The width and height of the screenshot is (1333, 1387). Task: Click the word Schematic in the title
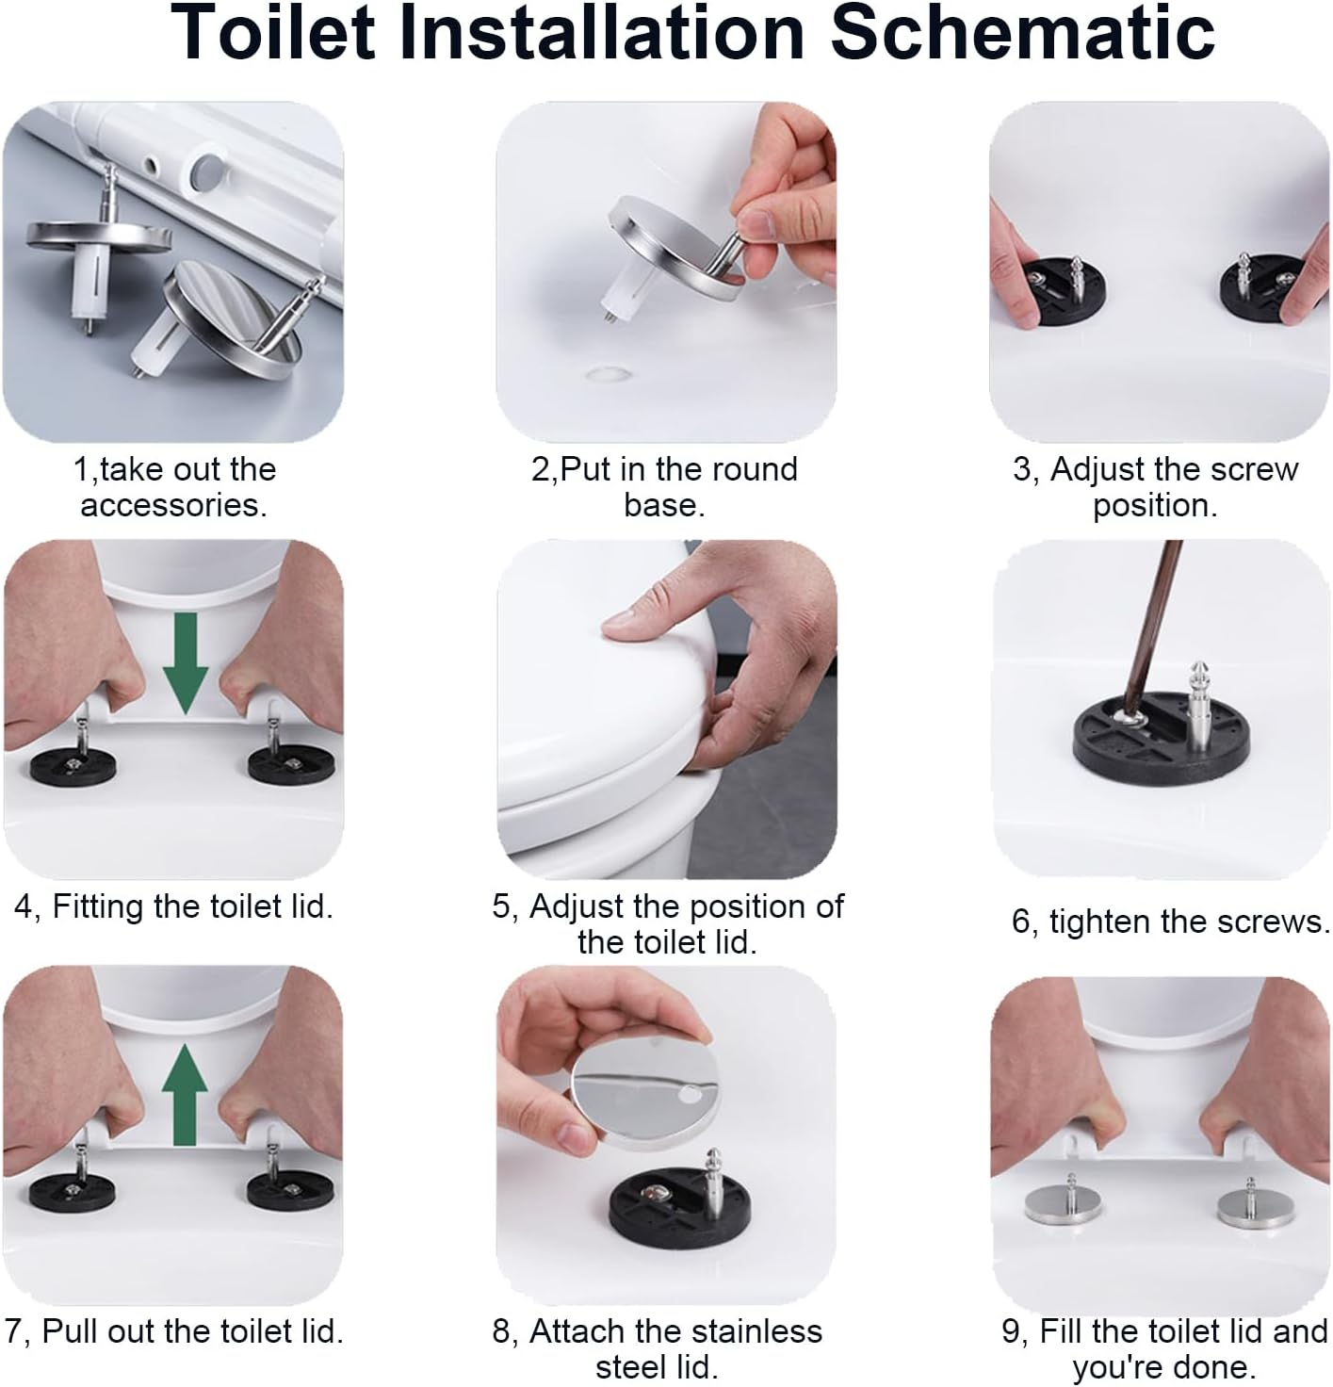tap(1023, 33)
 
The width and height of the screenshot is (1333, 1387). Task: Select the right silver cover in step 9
tap(1248, 1206)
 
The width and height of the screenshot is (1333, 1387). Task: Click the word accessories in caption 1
tap(173, 505)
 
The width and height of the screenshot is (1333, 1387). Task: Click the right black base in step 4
tap(278, 764)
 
